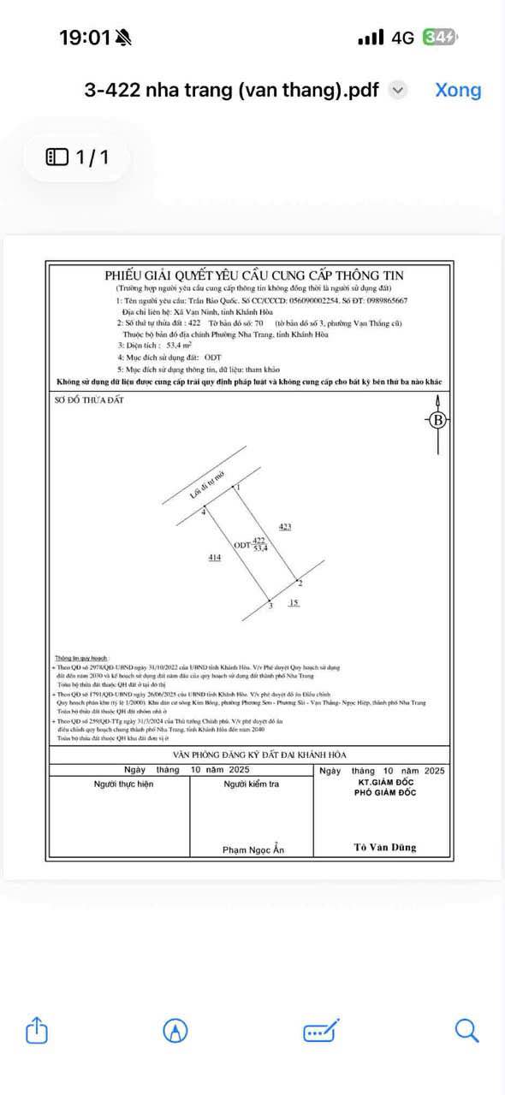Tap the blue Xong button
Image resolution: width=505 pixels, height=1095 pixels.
(458, 90)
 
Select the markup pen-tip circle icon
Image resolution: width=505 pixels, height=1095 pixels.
(175, 1031)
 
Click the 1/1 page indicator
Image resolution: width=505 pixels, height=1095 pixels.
(77, 157)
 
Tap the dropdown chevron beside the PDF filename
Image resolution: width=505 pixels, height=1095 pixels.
(398, 90)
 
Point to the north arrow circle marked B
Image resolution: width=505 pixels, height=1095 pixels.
(438, 420)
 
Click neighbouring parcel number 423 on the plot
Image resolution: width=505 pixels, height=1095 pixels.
(285, 527)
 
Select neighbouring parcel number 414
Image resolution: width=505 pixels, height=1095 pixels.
(215, 558)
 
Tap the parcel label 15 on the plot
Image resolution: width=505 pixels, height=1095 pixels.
(294, 603)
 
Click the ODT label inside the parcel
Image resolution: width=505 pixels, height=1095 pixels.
(242, 545)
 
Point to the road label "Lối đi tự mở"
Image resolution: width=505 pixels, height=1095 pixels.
(211, 490)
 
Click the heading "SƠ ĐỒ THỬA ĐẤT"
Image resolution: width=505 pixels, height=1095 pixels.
(84, 400)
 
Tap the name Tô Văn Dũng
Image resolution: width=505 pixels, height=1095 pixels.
(385, 847)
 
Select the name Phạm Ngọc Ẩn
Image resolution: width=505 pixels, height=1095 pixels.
(253, 849)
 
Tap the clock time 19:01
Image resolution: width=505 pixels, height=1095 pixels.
(85, 38)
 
